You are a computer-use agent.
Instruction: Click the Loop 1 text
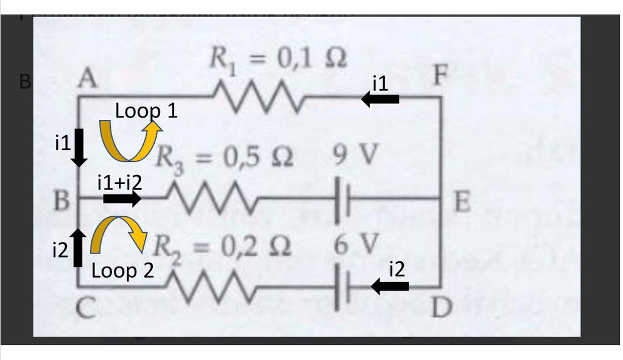tap(146, 111)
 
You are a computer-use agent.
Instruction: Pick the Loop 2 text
tap(122, 270)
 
